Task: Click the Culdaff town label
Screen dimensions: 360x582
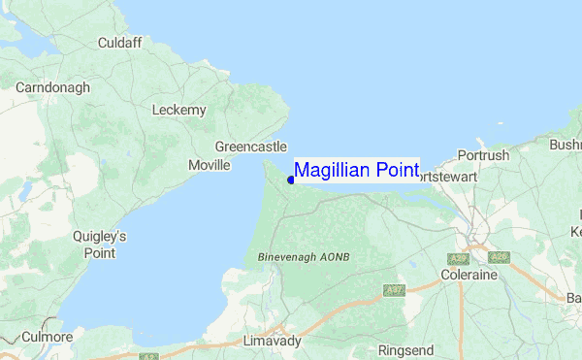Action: coord(121,43)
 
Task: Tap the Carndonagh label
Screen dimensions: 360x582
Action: coord(52,87)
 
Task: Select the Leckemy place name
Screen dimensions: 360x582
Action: coord(179,110)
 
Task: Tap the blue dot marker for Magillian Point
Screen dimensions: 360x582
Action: coord(291,180)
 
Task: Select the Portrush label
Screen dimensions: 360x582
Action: coord(482,155)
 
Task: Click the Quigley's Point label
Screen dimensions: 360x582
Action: coord(99,245)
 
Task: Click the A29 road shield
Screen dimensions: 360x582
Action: coord(458,258)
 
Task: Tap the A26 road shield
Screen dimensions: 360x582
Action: coord(499,257)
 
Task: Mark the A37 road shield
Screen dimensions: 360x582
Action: coord(393,290)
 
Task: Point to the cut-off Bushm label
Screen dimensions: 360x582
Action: coord(565,145)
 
